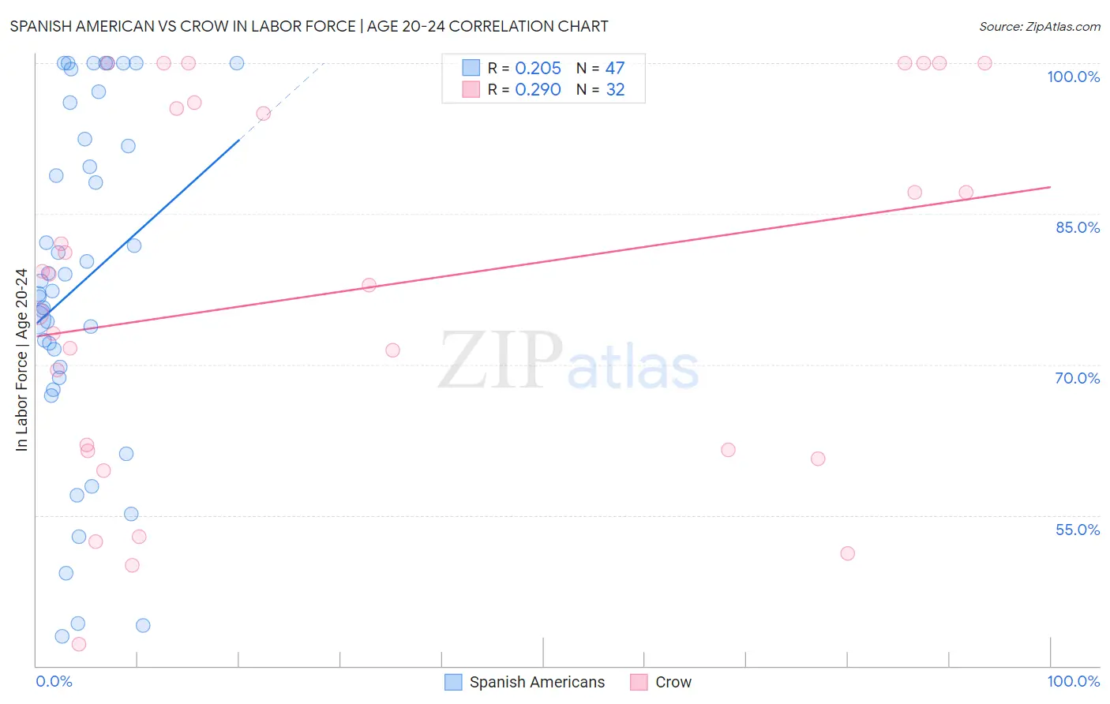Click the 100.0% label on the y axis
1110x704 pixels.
pos(1073,77)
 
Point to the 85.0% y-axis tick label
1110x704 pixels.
pos(1078,227)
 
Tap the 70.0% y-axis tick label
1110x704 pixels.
pos(1077,378)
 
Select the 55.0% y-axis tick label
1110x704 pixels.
pos(1077,530)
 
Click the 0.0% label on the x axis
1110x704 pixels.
pos(54,681)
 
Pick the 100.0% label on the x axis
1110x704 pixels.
pos(1073,681)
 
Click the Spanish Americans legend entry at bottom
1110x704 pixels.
pos(525,682)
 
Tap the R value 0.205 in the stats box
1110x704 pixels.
pos(538,68)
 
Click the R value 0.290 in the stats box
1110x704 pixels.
pos(538,90)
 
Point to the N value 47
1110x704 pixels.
pos(615,68)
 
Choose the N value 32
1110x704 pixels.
pos(615,90)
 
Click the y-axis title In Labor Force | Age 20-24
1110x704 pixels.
pos(21,360)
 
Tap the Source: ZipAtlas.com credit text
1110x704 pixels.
pos(1039,27)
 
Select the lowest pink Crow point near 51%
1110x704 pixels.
pos(847,553)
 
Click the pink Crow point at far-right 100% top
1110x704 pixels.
pos(984,63)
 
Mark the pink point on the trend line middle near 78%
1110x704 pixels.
pos(369,285)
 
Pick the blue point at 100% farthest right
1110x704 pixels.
pos(236,63)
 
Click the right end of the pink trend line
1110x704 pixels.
pos(1050,187)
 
